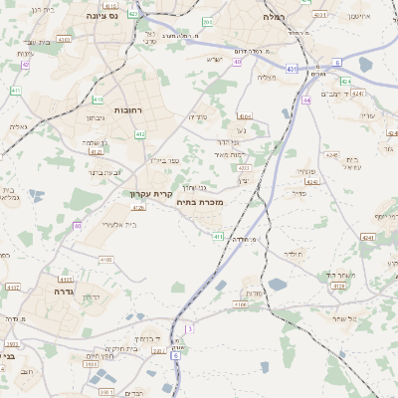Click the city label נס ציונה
point(100,16)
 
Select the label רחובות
point(129,109)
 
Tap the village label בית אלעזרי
point(118,225)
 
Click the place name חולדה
point(293,255)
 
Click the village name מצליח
point(266,78)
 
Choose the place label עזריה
point(367,116)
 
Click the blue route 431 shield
point(291,69)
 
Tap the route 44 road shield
point(307,100)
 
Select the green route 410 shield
point(98,99)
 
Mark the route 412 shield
point(140,133)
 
